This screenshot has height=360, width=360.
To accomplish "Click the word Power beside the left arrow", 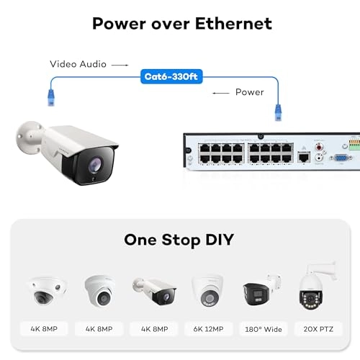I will (x=249, y=93).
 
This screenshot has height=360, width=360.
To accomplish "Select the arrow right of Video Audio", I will (x=122, y=64).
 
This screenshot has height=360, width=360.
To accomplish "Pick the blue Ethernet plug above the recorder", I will (x=274, y=111).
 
